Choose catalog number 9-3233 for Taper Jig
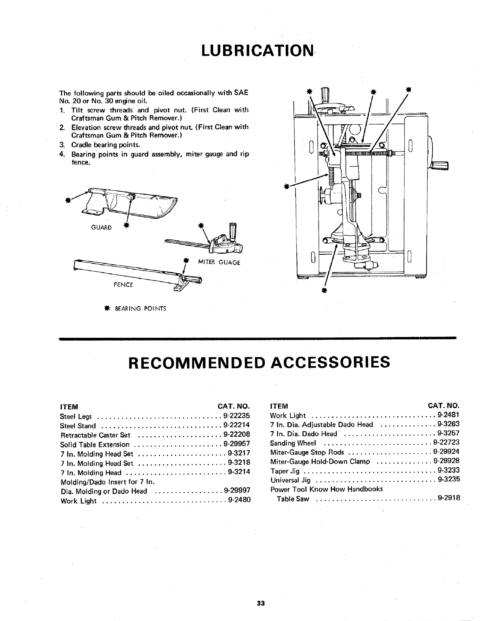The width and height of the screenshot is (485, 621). point(449,470)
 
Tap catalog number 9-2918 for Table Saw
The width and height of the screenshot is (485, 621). point(449,498)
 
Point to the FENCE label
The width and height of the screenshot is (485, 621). point(124,284)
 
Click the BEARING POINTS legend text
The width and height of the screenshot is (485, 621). point(140,308)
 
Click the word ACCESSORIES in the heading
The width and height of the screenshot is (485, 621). point(330,362)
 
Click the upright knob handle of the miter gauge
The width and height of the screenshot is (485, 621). point(233,230)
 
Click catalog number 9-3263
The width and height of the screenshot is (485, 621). point(449,424)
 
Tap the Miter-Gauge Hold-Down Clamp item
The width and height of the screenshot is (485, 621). point(320,462)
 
